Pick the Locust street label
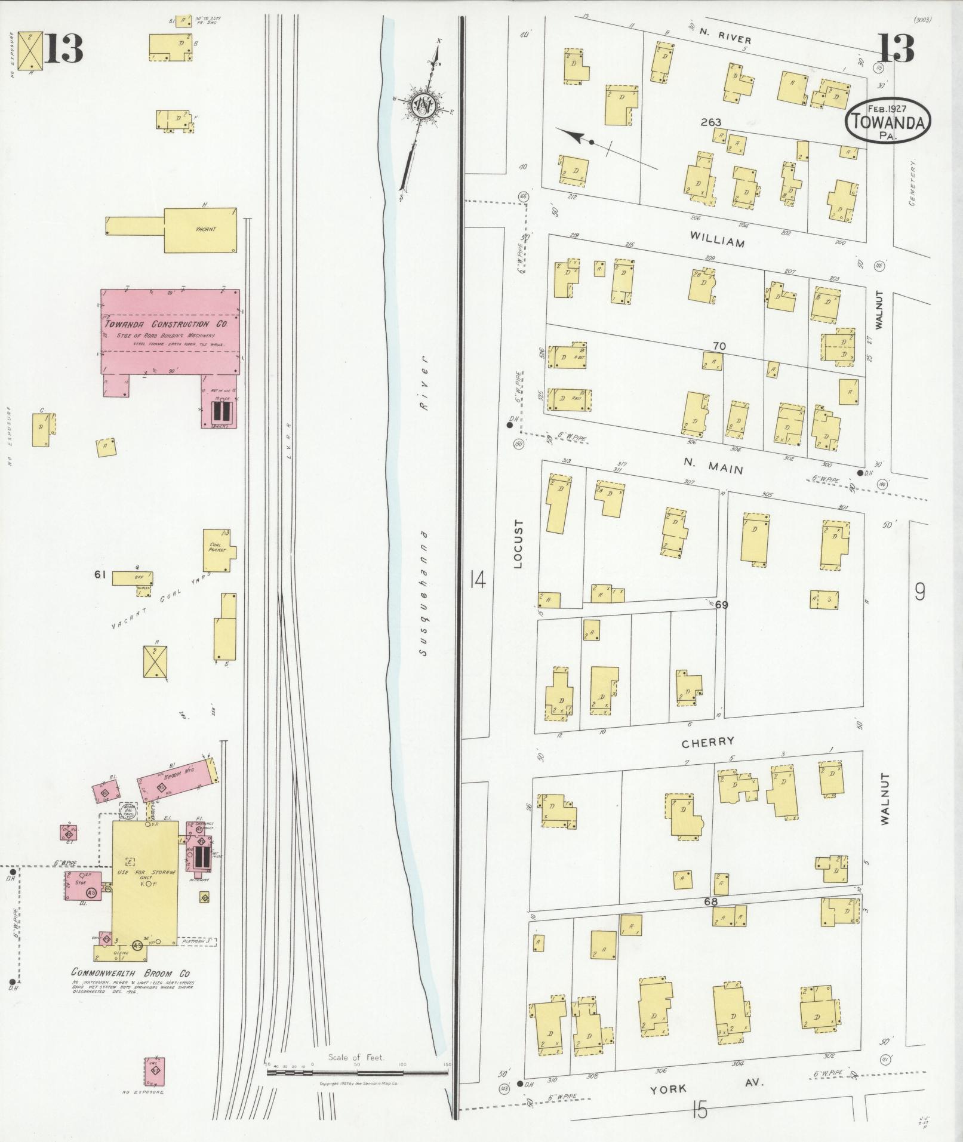click(517, 543)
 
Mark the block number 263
click(711, 122)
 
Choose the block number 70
click(719, 346)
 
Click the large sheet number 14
click(477, 579)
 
